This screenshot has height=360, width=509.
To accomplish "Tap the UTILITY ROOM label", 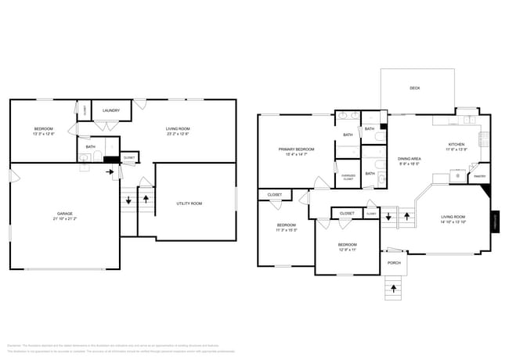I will pos(189,203).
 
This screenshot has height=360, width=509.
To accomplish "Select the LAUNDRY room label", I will pos(111,110).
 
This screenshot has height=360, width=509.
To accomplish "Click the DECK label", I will pos(414,88).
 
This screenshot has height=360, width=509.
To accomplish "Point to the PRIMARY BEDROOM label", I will pos(296,149).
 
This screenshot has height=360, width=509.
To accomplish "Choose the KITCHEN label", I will pos(457,144).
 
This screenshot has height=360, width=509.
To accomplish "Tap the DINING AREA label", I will pos(409,159).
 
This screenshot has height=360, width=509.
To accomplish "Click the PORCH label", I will pos(394,263).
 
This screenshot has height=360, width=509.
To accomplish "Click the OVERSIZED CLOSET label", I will pos(348,176).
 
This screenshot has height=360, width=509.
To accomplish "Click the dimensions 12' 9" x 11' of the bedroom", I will pos(348,250).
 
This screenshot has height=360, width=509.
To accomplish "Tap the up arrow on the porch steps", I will pos(394,289).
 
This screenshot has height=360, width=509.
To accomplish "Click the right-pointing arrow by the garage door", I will pos(110,167).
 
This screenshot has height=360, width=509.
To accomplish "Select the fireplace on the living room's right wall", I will pos(494,221).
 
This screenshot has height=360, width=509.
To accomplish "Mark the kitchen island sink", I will pos(458,176).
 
